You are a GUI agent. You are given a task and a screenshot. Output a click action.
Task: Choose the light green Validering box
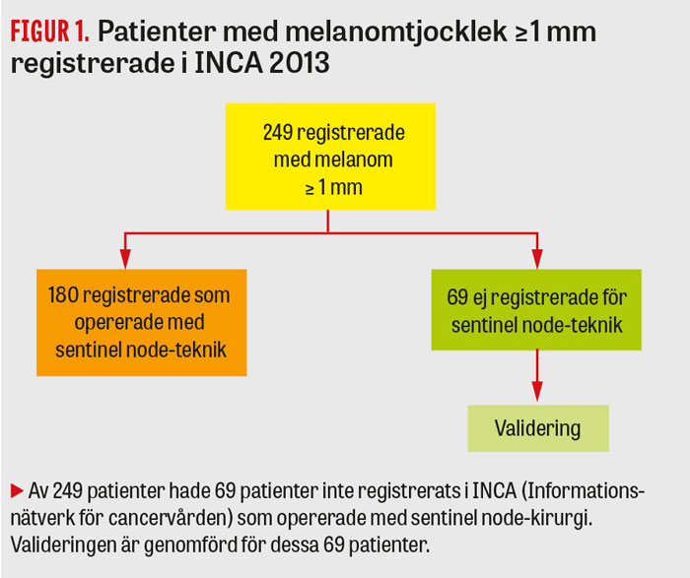(x=537, y=428)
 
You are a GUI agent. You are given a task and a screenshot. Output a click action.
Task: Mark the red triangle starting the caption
(x=16, y=490)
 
